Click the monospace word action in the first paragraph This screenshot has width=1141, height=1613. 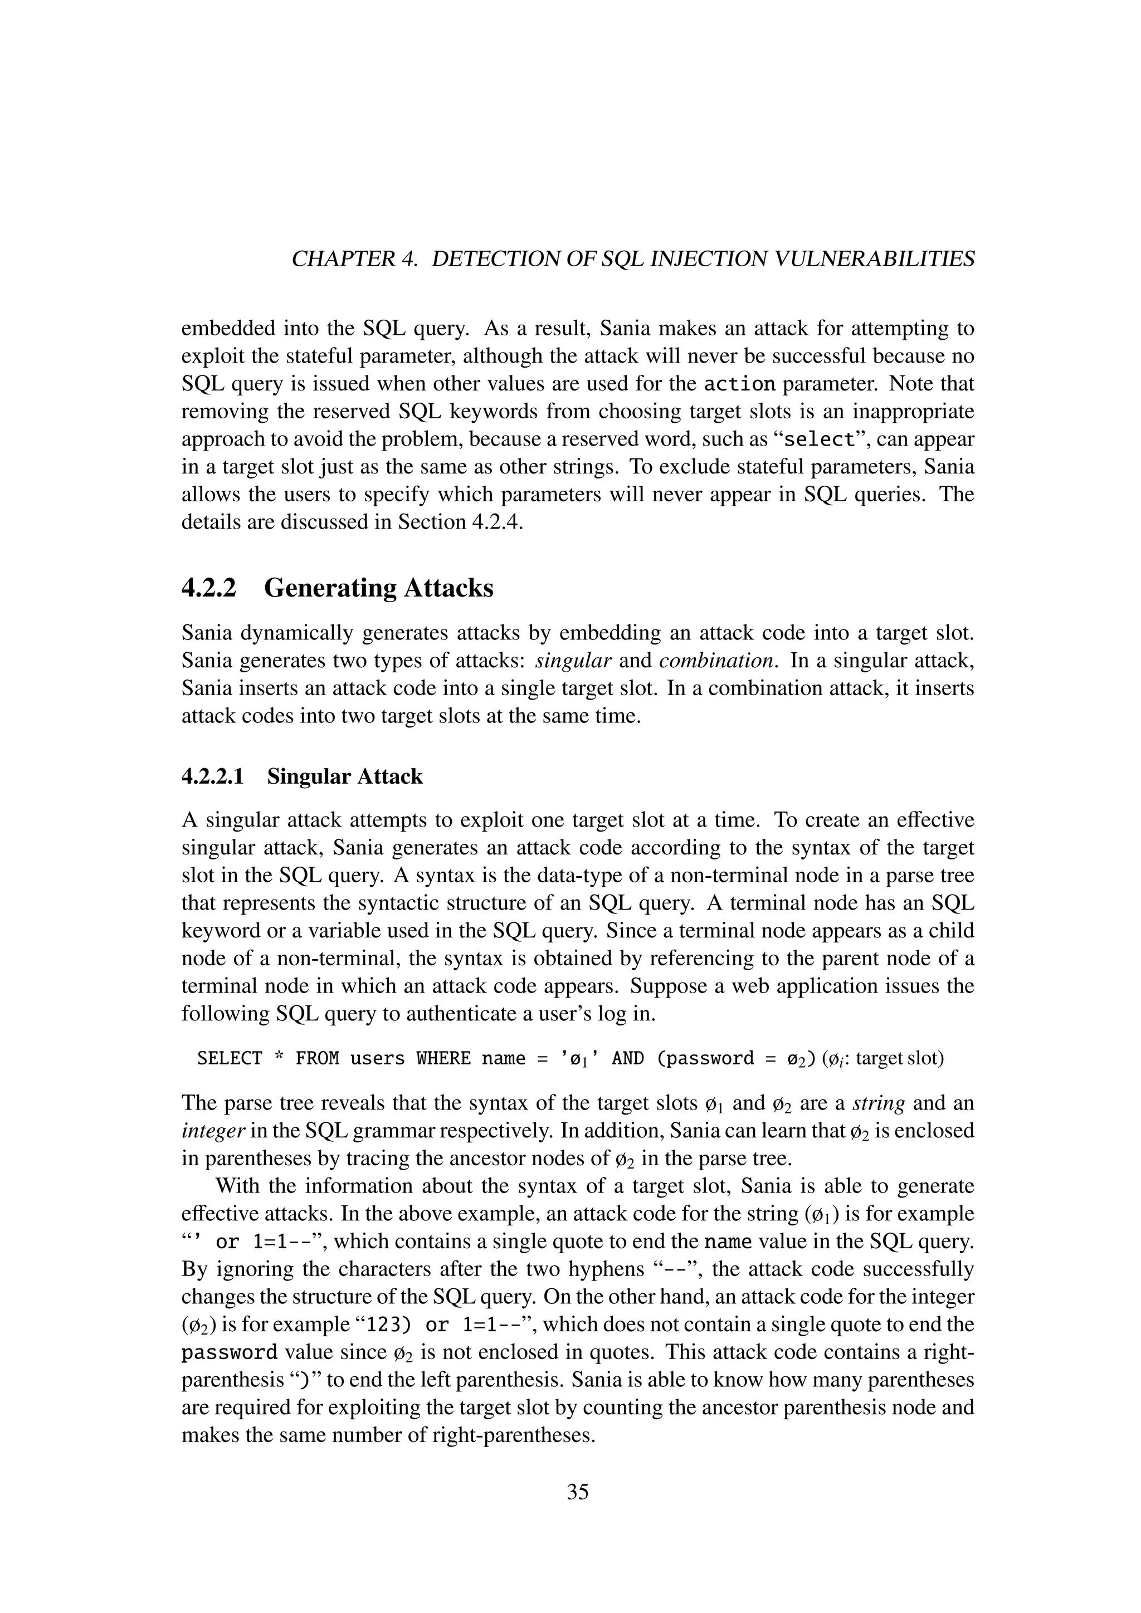click(739, 385)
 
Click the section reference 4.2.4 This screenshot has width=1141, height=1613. click(495, 522)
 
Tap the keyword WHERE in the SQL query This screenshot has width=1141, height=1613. click(444, 1059)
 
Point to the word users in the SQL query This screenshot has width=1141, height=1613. click(377, 1059)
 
